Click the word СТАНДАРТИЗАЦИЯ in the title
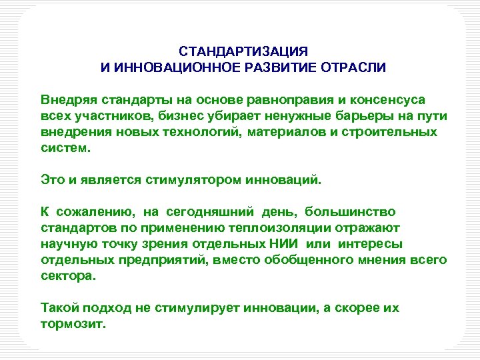pyautogui.click(x=243, y=52)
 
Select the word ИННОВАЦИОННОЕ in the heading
pyautogui.click(x=163, y=68)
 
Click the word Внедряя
pyautogui.click(x=67, y=100)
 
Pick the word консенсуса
pyautogui.click(x=387, y=100)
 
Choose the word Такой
pyautogui.click(x=59, y=308)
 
